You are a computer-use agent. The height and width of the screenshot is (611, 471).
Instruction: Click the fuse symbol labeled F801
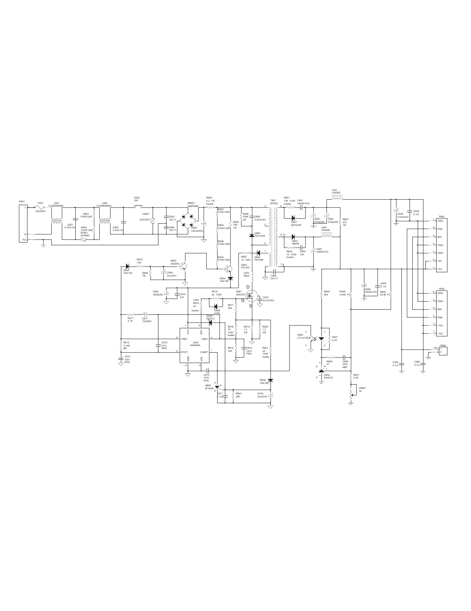click(x=41, y=207)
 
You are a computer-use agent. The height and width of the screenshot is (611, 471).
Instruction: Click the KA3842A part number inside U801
click(x=195, y=345)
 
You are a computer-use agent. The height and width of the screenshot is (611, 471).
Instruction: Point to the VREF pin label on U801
click(x=184, y=339)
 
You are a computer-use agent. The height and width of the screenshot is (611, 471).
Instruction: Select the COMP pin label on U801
click(x=204, y=352)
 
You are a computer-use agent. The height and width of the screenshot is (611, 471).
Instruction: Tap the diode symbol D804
click(x=127, y=266)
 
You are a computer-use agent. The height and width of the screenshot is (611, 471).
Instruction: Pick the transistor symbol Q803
click(x=185, y=266)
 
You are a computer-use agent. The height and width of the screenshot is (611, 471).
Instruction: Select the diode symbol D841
click(x=293, y=218)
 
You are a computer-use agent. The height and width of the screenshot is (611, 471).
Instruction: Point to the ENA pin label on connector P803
click(x=440, y=229)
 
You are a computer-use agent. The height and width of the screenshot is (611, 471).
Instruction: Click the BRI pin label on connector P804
click(x=440, y=309)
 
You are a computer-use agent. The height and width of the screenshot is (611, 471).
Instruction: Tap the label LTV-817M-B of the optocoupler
click(x=304, y=338)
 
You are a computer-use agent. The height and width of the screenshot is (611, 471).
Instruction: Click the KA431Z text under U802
click(x=328, y=377)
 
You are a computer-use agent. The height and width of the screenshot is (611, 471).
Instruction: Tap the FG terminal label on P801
click(x=24, y=240)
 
